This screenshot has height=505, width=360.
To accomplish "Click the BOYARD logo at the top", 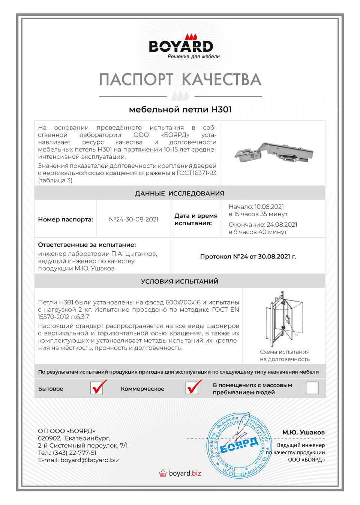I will click(x=181, y=46).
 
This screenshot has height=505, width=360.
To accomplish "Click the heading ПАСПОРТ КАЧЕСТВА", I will click(x=180, y=80).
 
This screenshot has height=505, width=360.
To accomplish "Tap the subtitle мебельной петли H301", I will click(x=180, y=110).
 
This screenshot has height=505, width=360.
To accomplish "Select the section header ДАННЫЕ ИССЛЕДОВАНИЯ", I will click(x=180, y=193).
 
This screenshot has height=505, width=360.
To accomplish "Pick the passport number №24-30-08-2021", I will click(x=133, y=219).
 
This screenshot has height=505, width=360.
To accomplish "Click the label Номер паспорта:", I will click(x=65, y=219).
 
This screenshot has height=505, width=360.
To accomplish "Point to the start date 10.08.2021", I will click(x=269, y=207).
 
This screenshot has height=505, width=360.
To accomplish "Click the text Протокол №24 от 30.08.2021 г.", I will click(x=248, y=257).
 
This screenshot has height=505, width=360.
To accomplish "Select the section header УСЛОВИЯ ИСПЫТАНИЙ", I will click(x=180, y=281).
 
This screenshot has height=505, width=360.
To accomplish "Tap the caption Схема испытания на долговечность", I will click(x=285, y=355).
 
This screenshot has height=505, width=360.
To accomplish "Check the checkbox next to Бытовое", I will click(x=97, y=388).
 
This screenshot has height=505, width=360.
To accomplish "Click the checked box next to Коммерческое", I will click(x=192, y=388).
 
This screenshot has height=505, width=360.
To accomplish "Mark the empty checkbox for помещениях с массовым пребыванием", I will click(x=312, y=388).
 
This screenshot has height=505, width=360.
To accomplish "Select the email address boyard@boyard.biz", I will click(x=90, y=460).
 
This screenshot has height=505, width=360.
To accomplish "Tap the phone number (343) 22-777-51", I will click(x=75, y=453).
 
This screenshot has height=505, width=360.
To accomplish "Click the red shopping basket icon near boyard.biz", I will click(x=163, y=473).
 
